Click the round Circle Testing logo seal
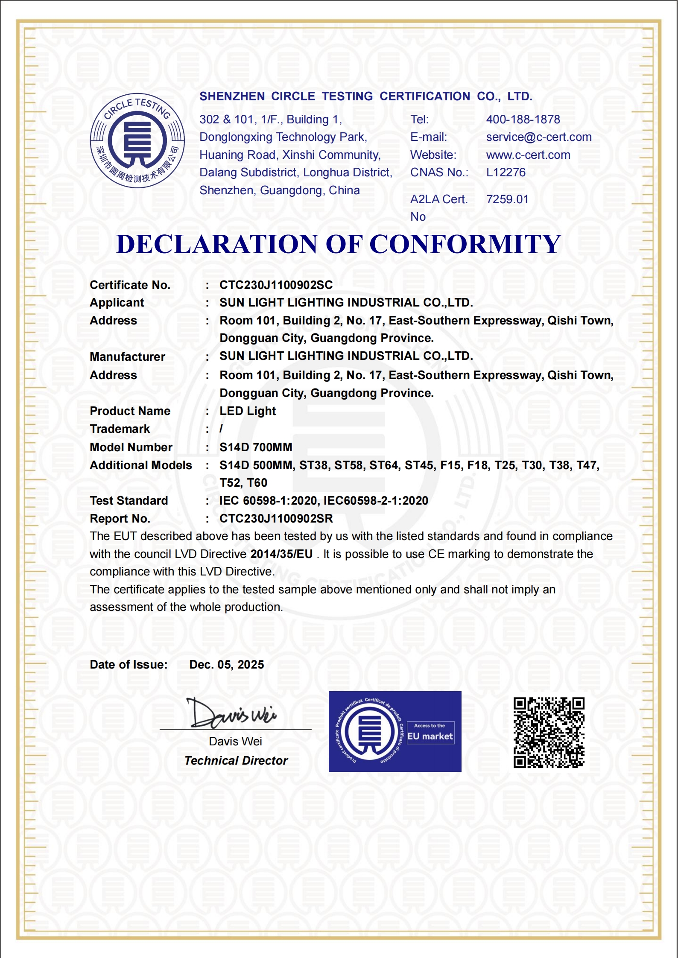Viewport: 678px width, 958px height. click(137, 140)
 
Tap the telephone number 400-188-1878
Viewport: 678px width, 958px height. click(523, 120)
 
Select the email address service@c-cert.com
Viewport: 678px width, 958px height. click(538, 137)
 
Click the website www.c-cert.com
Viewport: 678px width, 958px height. click(528, 155)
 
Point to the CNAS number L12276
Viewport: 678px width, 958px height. click(506, 172)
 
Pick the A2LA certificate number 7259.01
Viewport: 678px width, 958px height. click(507, 199)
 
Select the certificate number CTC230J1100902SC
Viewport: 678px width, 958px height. click(276, 285)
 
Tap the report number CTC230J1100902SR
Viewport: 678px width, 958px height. click(276, 519)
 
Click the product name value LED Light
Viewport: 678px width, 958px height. click(248, 411)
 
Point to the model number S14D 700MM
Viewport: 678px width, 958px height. click(256, 447)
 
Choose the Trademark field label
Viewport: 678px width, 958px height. click(120, 429)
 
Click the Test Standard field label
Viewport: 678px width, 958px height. click(129, 501)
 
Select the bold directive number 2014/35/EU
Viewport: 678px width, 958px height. click(281, 554)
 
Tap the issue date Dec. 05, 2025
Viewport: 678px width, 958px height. click(226, 665)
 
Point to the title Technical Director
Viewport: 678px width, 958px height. click(236, 761)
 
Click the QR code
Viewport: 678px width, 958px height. click(549, 733)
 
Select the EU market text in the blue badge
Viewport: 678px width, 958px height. click(430, 736)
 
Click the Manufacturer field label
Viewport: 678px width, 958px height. click(127, 357)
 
